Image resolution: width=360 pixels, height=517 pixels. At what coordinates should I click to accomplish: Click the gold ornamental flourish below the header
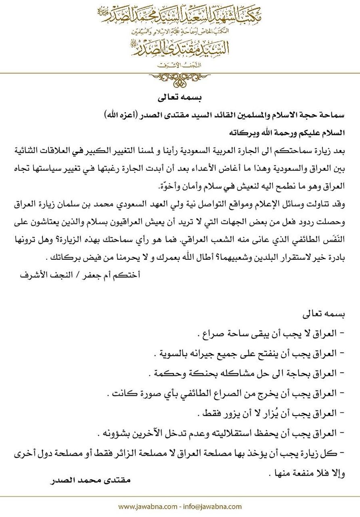(x=180, y=79)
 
